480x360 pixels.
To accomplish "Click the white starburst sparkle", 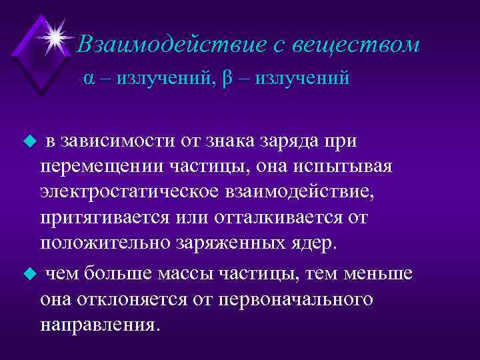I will [x=56, y=31].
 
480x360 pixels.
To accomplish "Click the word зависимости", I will [x=118, y=141].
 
